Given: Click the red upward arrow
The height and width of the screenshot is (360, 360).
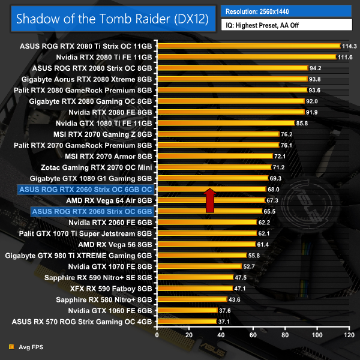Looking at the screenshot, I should pos(210,200).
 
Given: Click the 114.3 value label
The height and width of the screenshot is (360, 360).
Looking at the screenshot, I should pos(349,46).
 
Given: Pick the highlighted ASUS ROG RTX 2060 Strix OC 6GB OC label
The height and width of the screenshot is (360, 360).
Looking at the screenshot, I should pos(86,189).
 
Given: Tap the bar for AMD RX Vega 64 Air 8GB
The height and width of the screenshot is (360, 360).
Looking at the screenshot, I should pos(211,200).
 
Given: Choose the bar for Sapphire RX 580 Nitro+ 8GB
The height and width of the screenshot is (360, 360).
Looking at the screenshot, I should pos(191,299).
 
